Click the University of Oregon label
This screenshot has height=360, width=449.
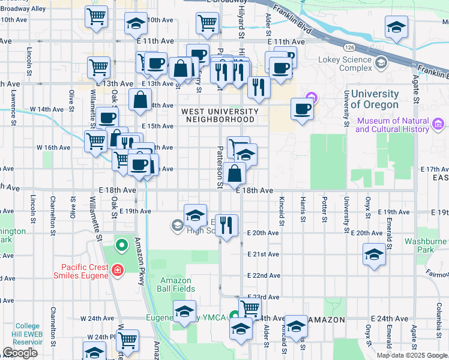(x=375, y=100)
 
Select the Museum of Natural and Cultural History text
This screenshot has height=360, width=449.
(x=393, y=125)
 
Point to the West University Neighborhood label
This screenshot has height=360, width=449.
(x=220, y=115)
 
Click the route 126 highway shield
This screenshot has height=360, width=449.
(x=350, y=46)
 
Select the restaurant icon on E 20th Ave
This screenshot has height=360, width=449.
(x=225, y=226)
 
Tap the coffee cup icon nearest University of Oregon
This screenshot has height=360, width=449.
(x=302, y=109)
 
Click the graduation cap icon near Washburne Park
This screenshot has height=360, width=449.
(x=374, y=254)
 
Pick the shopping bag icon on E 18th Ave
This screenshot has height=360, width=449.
(x=237, y=173)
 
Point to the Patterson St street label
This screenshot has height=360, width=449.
(x=220, y=169)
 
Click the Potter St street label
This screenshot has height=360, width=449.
(x=324, y=208)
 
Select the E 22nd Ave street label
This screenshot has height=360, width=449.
(x=264, y=275)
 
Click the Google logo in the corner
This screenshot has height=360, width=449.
(x=20, y=353)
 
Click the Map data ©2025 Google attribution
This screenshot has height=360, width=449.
(x=412, y=355)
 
